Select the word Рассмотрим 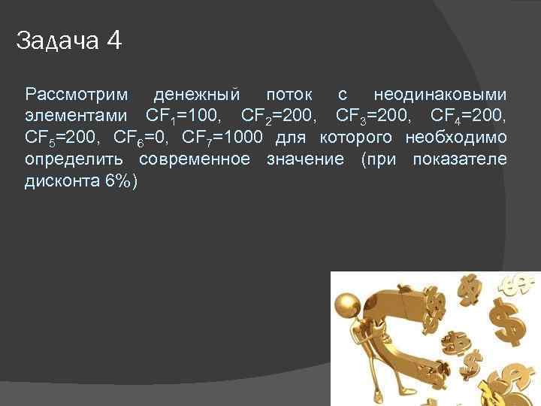76,96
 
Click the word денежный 197,95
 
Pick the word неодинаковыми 440,95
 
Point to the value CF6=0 141,138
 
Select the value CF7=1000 222,138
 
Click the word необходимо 455,138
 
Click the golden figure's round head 347,304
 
